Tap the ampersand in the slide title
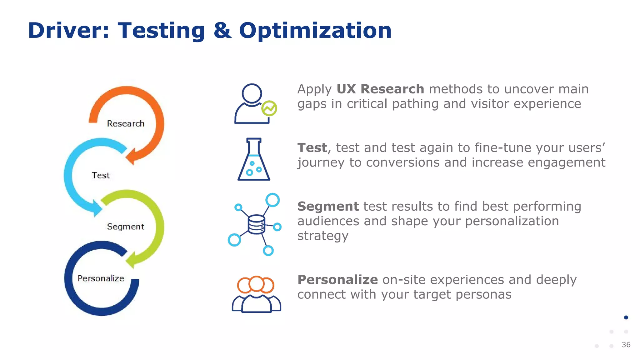pyautogui.click(x=222, y=31)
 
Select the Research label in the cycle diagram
pyautogui.click(x=126, y=123)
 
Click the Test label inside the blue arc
pyautogui.click(x=101, y=175)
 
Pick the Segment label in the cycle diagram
pyautogui.click(x=126, y=227)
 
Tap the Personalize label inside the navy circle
pyautogui.click(x=101, y=278)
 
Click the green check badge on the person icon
pyautogui.click(x=269, y=108)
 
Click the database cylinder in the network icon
pyautogui.click(x=256, y=224)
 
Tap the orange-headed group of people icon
pyautogui.click(x=256, y=294)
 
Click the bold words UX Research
pyautogui.click(x=380, y=89)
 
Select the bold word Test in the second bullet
pyautogui.click(x=312, y=148)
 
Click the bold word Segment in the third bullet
pyautogui.click(x=328, y=206)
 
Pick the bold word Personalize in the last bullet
pyautogui.click(x=337, y=280)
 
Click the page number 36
pyautogui.click(x=626, y=345)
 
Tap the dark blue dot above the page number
pyautogui.click(x=626, y=317)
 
